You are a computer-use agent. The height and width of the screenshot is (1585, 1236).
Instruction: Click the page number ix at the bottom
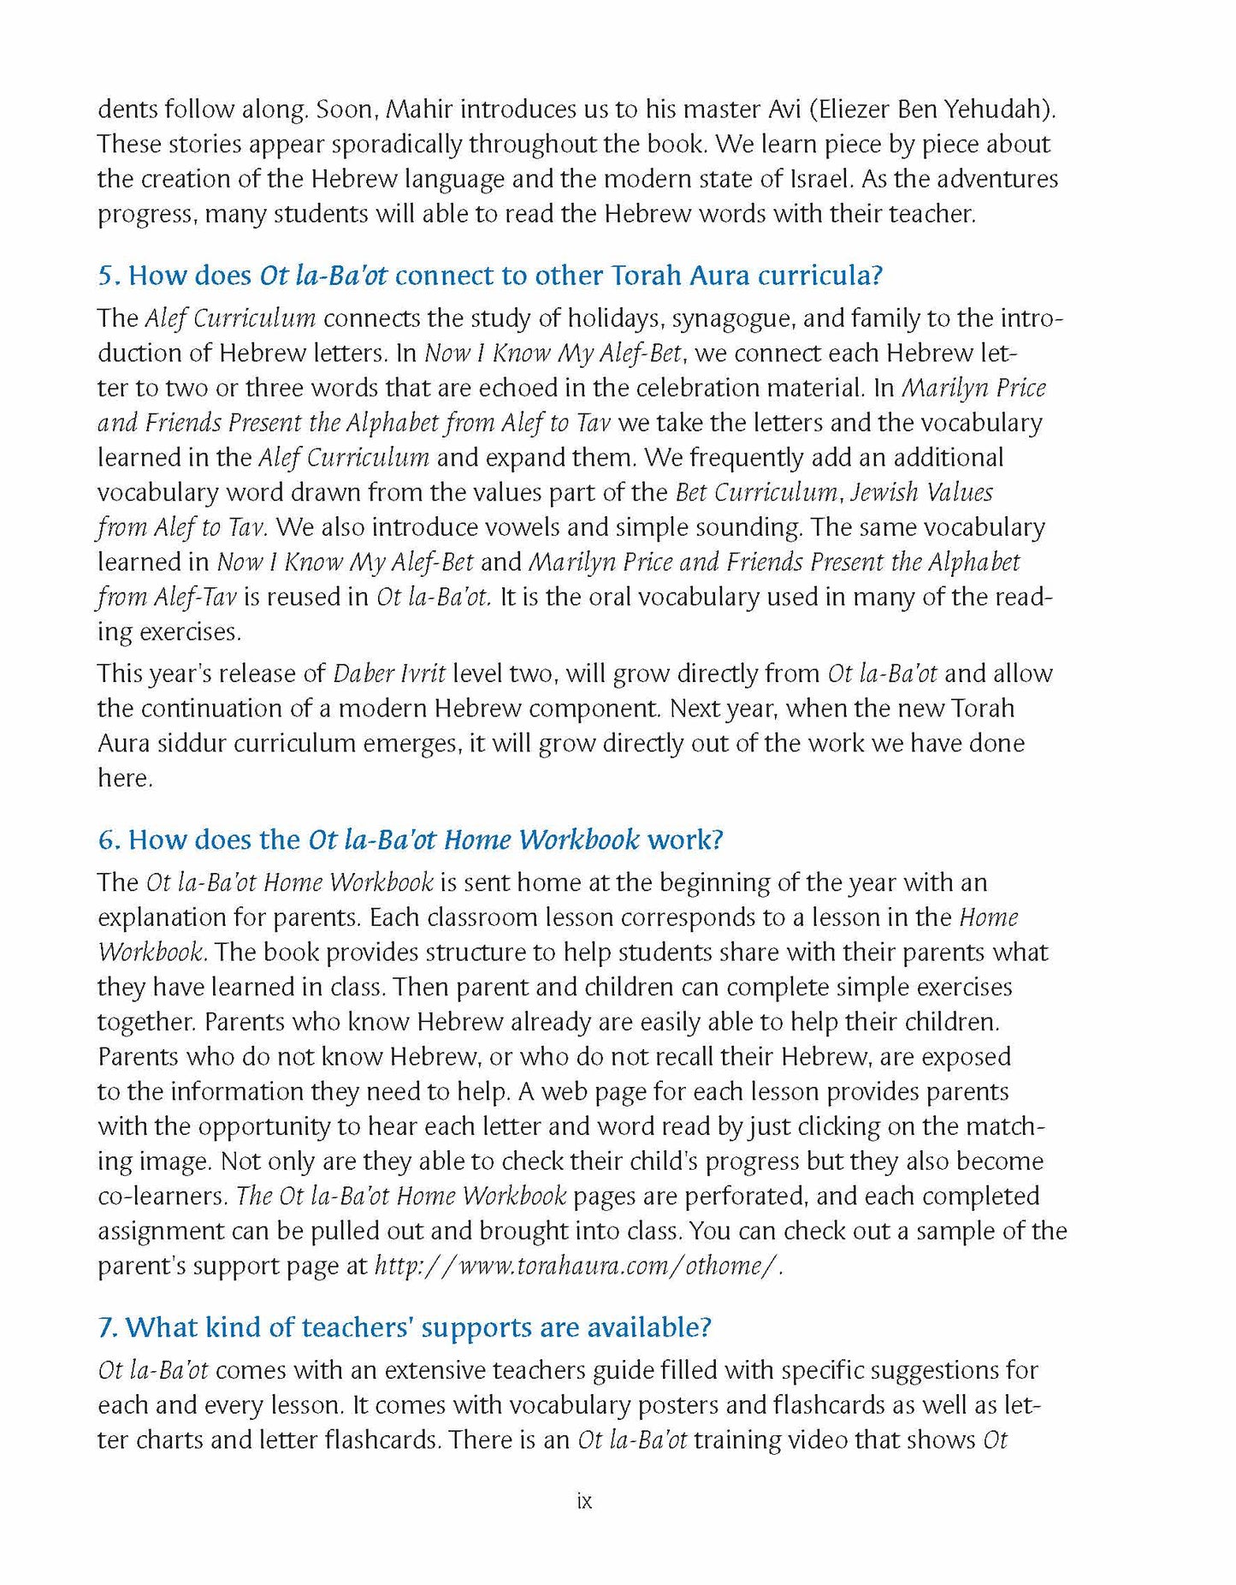point(584,1501)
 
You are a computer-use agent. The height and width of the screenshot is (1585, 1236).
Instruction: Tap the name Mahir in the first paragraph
point(421,110)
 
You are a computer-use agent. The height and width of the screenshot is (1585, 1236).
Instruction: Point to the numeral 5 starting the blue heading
point(105,276)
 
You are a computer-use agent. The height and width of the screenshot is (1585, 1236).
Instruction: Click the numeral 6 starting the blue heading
point(106,840)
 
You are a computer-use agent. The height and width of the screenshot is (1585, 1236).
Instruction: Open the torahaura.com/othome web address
point(579,1266)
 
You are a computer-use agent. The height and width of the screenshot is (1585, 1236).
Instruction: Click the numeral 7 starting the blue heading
point(105,1327)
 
